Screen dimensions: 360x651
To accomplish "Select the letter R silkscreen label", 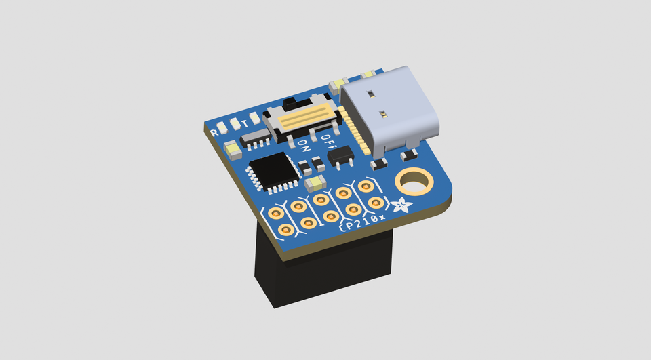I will coord(215,132).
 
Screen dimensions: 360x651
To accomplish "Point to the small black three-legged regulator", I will coord(340,157).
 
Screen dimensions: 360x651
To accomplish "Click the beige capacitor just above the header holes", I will coord(315,182).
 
